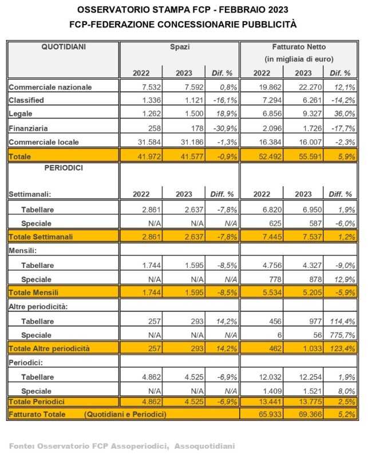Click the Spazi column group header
179,47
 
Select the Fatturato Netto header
299,47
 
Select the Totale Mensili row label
33,292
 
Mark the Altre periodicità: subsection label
38,306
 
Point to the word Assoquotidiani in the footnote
204,445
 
